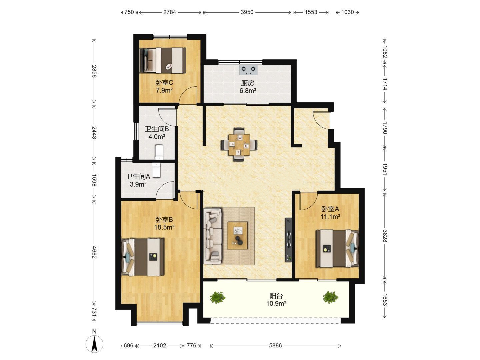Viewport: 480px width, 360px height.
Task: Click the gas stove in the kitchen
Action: pyautogui.click(x=248, y=70)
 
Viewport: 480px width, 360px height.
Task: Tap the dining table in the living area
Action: pyautogui.click(x=239, y=145)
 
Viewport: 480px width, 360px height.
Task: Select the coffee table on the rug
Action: pyautogui.click(x=237, y=235)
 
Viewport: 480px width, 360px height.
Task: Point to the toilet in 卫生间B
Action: pyautogui.click(x=159, y=152)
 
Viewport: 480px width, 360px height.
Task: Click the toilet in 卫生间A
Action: pyautogui.click(x=156, y=170)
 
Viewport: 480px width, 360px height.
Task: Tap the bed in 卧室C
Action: pyautogui.click(x=163, y=61)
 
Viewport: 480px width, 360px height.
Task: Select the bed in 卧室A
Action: pyautogui.click(x=337, y=248)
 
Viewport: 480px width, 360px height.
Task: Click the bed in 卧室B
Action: pyautogui.click(x=143, y=257)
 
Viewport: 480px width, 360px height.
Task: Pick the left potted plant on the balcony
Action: pyautogui.click(x=218, y=297)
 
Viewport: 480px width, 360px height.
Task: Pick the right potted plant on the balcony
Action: pyautogui.click(x=330, y=297)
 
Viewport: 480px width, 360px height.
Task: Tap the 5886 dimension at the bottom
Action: pyautogui.click(x=276, y=346)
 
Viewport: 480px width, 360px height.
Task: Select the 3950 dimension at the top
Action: pyautogui.click(x=247, y=12)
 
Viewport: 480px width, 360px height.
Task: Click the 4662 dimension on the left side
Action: pyautogui.click(x=94, y=252)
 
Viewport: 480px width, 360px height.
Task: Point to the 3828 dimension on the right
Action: pyautogui.click(x=385, y=236)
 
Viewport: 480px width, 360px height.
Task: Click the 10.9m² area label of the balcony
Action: pyautogui.click(x=276, y=303)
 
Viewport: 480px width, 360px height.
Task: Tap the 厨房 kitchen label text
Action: pyautogui.click(x=248, y=83)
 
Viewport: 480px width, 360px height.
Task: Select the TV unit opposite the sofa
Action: pyautogui.click(x=288, y=240)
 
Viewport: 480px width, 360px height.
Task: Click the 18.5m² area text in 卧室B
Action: pyautogui.click(x=164, y=227)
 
